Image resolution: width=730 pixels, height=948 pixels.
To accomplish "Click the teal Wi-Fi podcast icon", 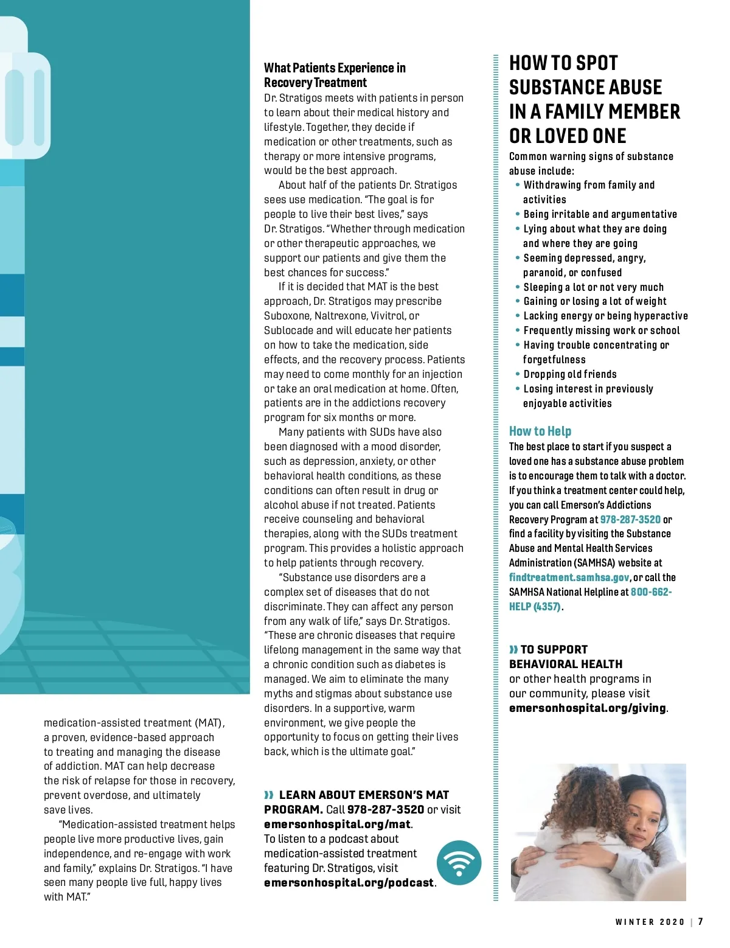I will tap(459, 863).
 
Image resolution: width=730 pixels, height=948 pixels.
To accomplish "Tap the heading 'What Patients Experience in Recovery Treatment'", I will tap(335, 75).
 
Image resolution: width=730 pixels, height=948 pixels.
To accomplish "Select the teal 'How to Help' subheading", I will tap(540, 431).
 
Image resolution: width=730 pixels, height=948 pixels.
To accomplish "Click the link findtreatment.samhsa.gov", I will tap(569, 577).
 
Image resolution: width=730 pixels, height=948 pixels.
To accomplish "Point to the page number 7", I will tap(701, 922).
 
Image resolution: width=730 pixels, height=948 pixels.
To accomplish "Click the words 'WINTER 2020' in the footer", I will tap(650, 922).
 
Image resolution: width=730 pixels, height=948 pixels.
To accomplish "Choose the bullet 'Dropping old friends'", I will tap(570, 374).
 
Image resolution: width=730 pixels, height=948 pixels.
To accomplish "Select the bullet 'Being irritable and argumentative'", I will tap(600, 214).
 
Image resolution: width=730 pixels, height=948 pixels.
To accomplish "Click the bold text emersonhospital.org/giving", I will tap(587, 708).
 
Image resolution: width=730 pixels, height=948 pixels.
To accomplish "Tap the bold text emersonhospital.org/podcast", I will tap(349, 883).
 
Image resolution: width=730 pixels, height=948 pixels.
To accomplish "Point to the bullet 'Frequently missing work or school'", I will tap(602, 330).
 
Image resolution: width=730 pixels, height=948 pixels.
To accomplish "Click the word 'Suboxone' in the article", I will tap(286, 316).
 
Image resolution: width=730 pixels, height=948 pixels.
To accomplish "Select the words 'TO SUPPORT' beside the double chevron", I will tap(554, 650).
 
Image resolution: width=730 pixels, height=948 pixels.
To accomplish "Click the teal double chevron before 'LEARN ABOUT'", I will tap(269, 795).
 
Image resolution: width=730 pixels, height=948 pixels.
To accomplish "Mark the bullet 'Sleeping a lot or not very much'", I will tap(593, 287).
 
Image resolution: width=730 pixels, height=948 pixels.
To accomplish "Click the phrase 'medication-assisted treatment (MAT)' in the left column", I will tap(134, 723).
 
